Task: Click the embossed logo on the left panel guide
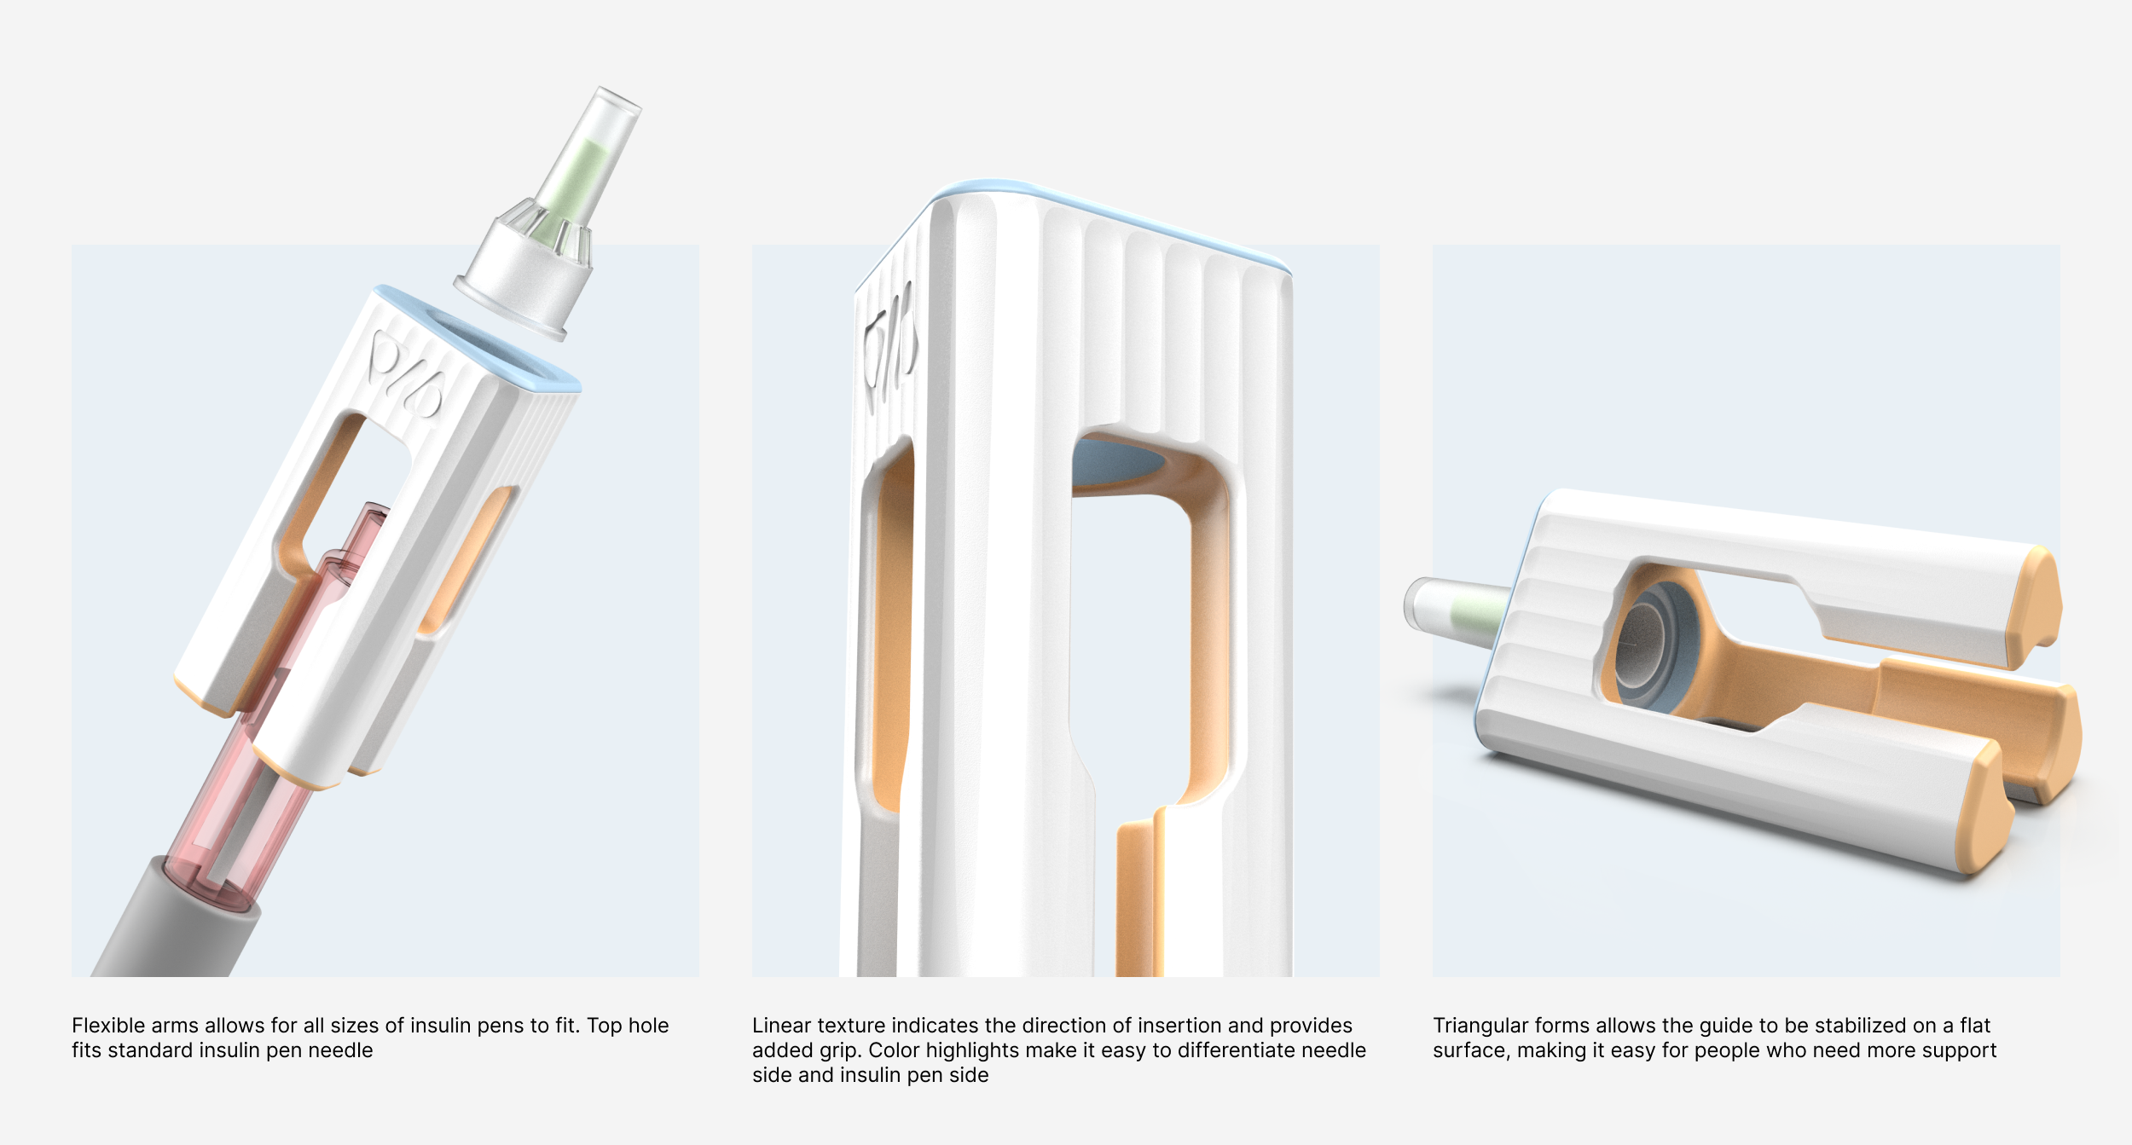pyautogui.click(x=404, y=376)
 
